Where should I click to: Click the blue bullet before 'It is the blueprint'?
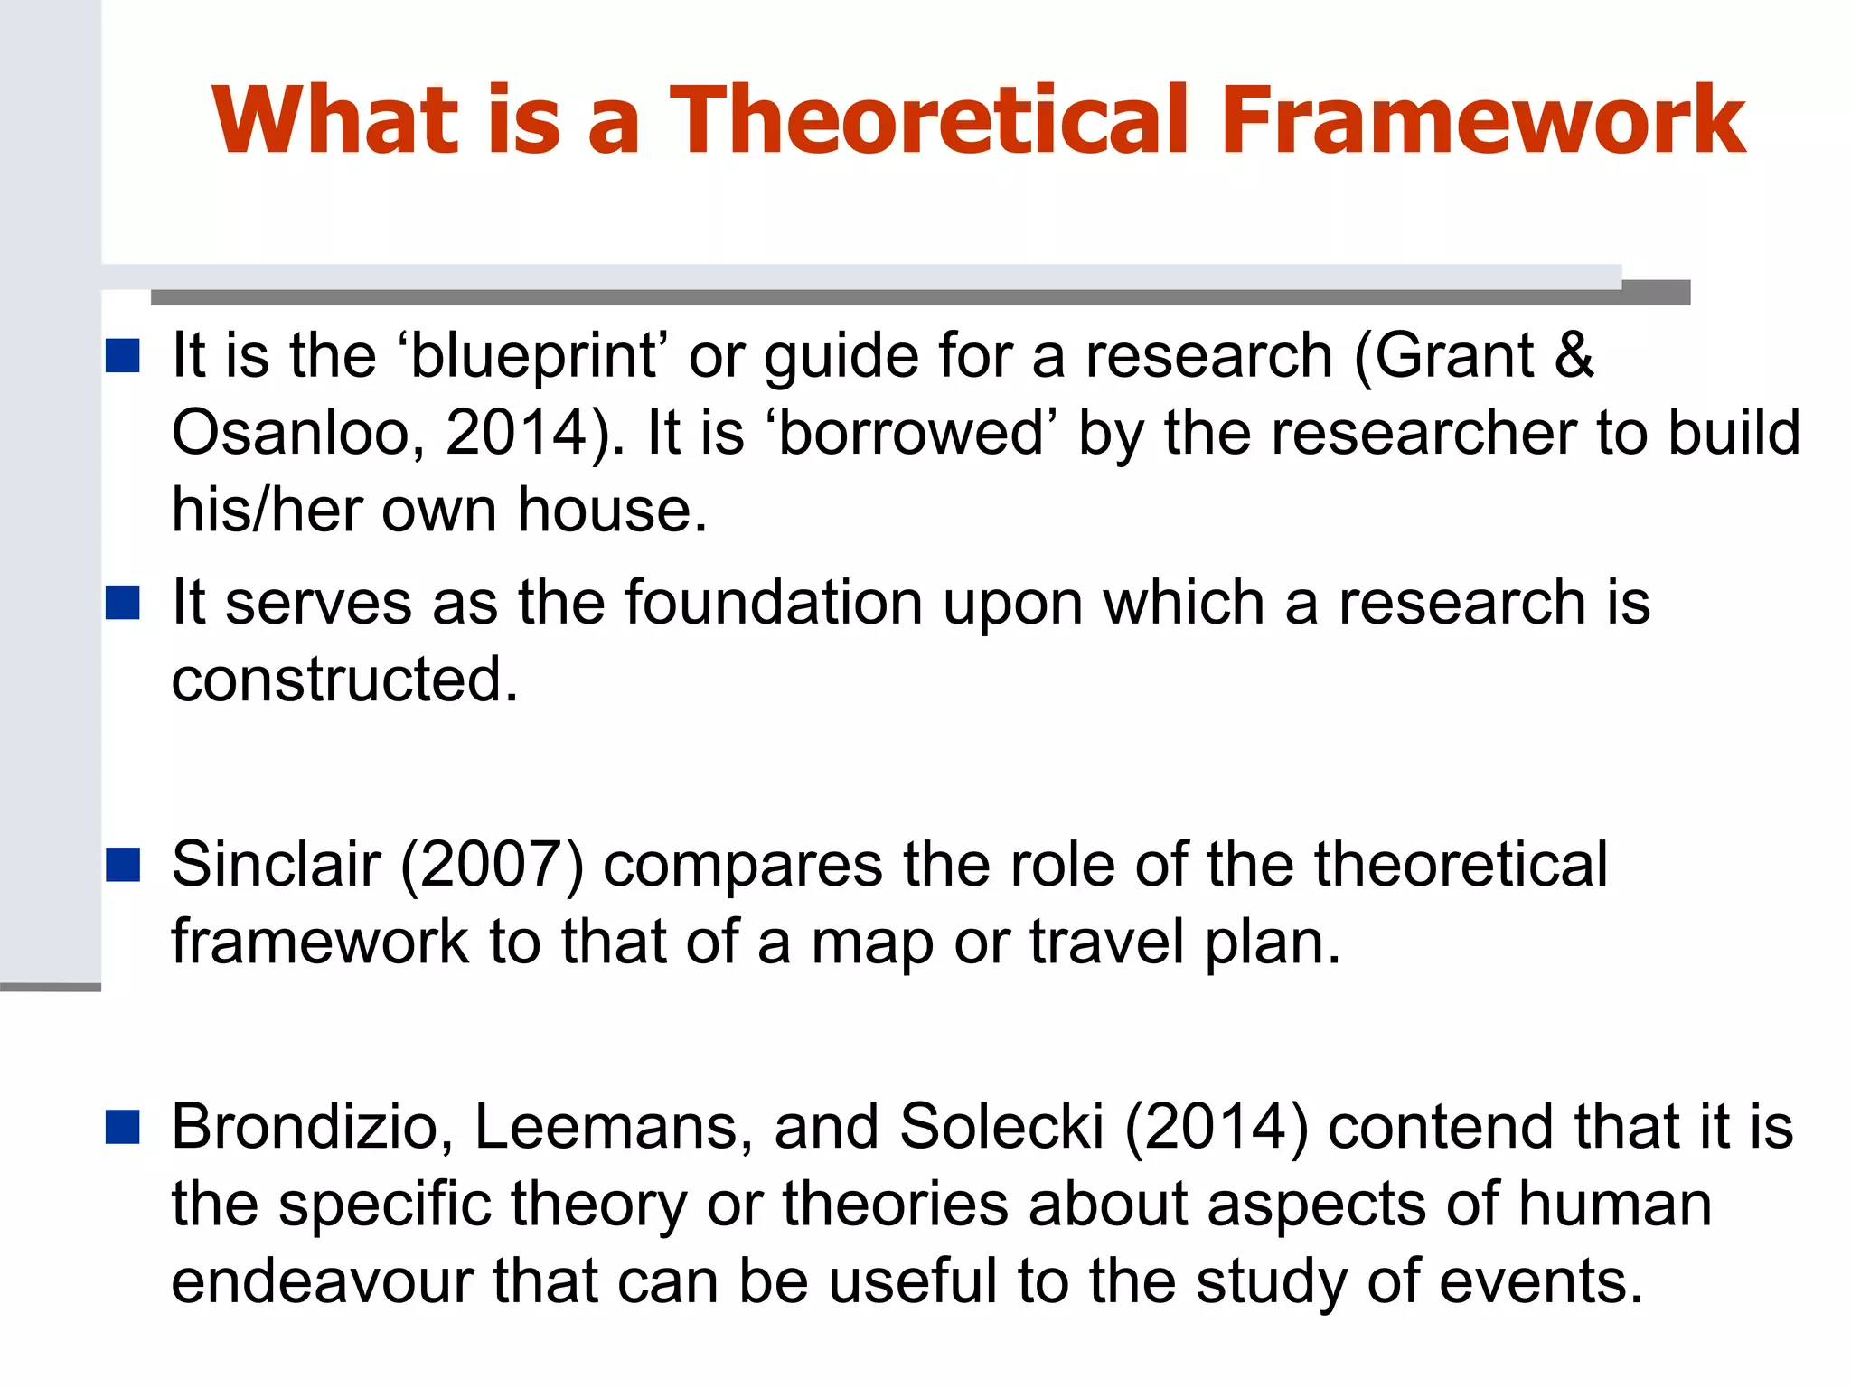(x=122, y=356)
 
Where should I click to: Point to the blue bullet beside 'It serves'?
(x=122, y=603)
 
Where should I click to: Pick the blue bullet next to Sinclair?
(x=122, y=865)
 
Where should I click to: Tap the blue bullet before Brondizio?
(x=122, y=1127)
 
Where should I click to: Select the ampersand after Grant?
(x=1574, y=354)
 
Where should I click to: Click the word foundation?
(x=774, y=603)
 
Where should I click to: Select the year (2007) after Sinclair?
(x=492, y=866)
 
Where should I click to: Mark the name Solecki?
(x=1001, y=1128)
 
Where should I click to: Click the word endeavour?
(x=322, y=1281)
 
